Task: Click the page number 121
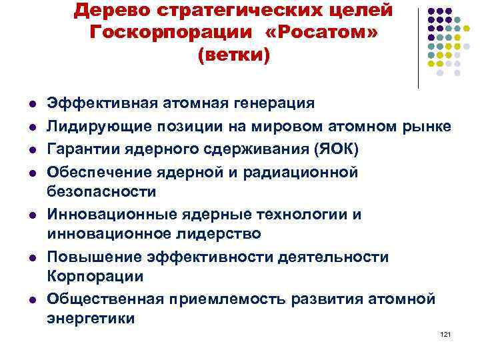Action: pos(446,333)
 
